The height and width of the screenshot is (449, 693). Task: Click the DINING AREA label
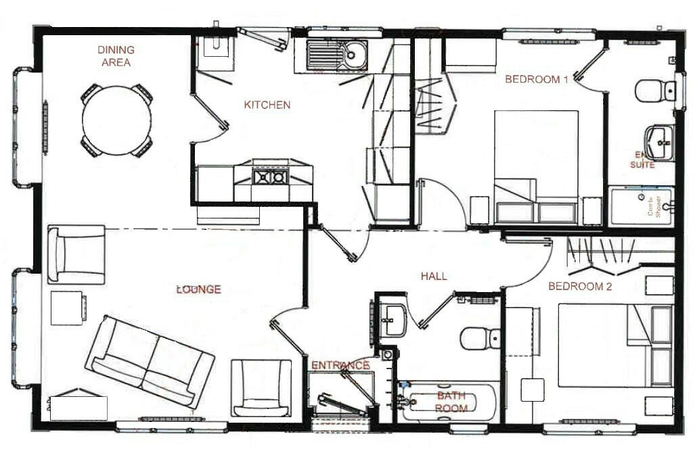click(116, 56)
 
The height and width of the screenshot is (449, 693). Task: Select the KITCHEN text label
click(267, 105)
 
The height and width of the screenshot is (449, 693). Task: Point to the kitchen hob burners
click(269, 177)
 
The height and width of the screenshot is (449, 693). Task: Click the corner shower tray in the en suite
click(642, 206)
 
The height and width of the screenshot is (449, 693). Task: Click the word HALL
click(434, 276)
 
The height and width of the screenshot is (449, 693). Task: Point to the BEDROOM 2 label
click(580, 287)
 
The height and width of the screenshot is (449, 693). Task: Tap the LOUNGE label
click(198, 289)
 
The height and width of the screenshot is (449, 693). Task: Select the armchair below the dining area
click(77, 255)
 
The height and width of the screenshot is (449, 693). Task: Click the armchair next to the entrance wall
click(261, 388)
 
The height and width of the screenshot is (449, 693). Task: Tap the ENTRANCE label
click(340, 366)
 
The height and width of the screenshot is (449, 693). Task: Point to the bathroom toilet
click(479, 337)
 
